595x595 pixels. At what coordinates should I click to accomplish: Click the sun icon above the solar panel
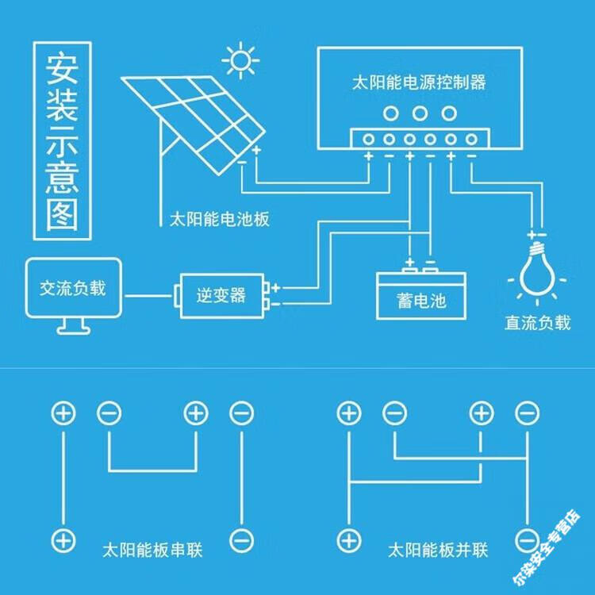pyautogui.click(x=240, y=60)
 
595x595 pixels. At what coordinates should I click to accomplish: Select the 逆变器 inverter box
pyautogui.click(x=221, y=296)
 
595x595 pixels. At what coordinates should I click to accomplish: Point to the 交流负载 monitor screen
pyautogui.click(x=72, y=288)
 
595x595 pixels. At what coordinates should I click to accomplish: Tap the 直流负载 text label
pyautogui.click(x=538, y=324)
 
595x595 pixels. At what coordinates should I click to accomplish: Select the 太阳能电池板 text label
pyautogui.click(x=220, y=219)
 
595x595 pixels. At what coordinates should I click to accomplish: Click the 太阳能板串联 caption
pyautogui.click(x=152, y=549)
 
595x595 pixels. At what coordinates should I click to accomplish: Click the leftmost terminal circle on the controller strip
pyautogui.click(x=369, y=140)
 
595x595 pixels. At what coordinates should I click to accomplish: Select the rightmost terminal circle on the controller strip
pyautogui.click(x=471, y=140)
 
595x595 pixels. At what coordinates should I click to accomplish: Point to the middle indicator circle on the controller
pyautogui.click(x=420, y=113)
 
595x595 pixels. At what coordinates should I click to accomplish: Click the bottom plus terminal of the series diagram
pyautogui.click(x=63, y=540)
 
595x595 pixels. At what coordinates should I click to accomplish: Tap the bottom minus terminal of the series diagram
pyautogui.click(x=241, y=540)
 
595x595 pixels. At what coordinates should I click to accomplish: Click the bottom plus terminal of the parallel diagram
pyautogui.click(x=347, y=540)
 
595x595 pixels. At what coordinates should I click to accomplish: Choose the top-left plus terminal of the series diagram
pyautogui.click(x=63, y=413)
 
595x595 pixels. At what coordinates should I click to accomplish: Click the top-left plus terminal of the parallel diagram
pyautogui.click(x=347, y=413)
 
